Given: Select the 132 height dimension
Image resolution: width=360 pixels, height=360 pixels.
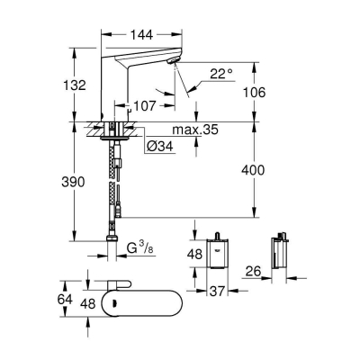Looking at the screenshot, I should tap(76, 85).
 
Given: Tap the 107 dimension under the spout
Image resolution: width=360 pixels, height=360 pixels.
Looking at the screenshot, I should tap(145, 105).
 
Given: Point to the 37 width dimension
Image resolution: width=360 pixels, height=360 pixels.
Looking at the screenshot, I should tap(218, 290).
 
